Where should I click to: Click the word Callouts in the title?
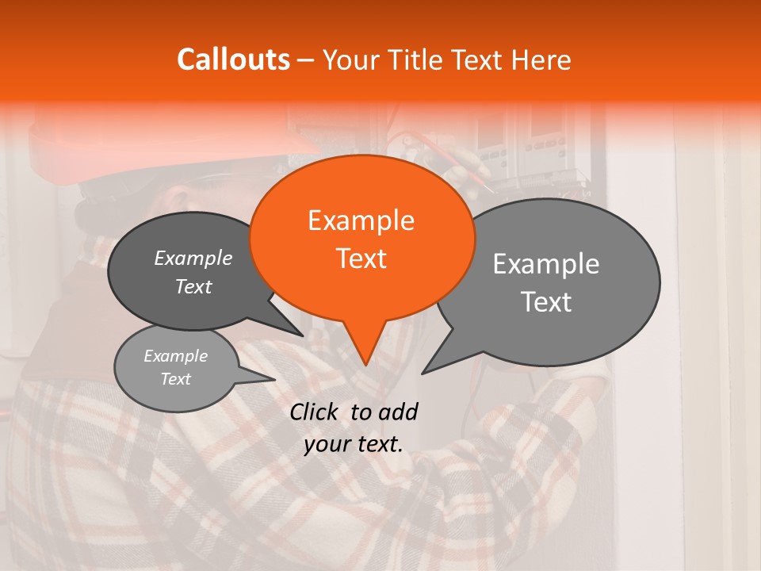point(233,59)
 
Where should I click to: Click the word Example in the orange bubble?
point(361,220)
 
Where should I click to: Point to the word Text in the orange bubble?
point(361,259)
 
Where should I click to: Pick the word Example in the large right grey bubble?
point(546,264)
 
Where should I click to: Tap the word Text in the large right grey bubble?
point(546,302)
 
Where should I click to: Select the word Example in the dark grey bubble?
point(193,258)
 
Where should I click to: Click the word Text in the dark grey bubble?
point(193,286)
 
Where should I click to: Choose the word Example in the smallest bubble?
point(175,356)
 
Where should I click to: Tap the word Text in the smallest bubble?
point(175,379)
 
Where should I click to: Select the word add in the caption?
point(398,412)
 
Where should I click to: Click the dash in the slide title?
point(307,60)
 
